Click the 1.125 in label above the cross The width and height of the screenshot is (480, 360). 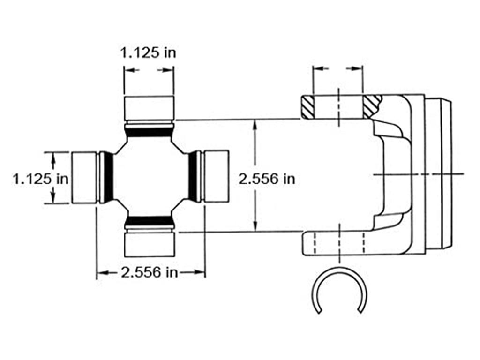(149, 52)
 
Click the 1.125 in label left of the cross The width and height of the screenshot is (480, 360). (41, 179)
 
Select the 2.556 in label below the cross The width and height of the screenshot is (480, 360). (150, 272)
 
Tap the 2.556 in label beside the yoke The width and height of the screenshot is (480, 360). (267, 179)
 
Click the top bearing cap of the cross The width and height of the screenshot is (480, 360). (149, 107)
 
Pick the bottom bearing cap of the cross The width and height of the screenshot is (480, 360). (149, 244)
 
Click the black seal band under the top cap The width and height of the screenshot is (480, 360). (149, 132)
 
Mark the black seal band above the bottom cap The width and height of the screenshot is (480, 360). (149, 220)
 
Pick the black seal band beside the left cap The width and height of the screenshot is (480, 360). (108, 177)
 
